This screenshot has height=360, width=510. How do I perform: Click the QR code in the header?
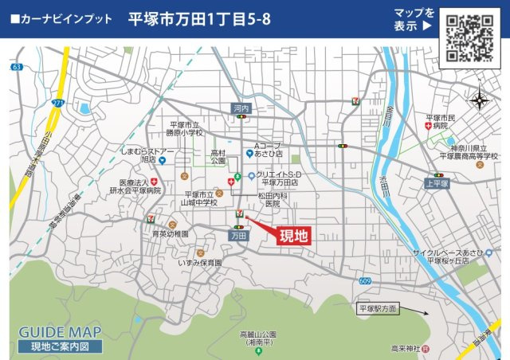click(469, 37)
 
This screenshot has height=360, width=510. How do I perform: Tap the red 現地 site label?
click(292, 235)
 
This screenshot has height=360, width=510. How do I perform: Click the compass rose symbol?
click(479, 100)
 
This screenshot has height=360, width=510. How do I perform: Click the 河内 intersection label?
click(241, 107)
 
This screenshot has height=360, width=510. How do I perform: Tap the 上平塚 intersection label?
click(437, 182)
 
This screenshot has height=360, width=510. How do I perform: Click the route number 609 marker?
click(365, 280)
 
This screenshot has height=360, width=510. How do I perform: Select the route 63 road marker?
click(18, 68)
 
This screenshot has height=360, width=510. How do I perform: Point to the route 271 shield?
click(57, 103)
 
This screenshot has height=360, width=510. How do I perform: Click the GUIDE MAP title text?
click(60, 331)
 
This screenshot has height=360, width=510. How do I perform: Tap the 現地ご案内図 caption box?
click(59, 346)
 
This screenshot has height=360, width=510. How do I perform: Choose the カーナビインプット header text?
click(61, 18)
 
